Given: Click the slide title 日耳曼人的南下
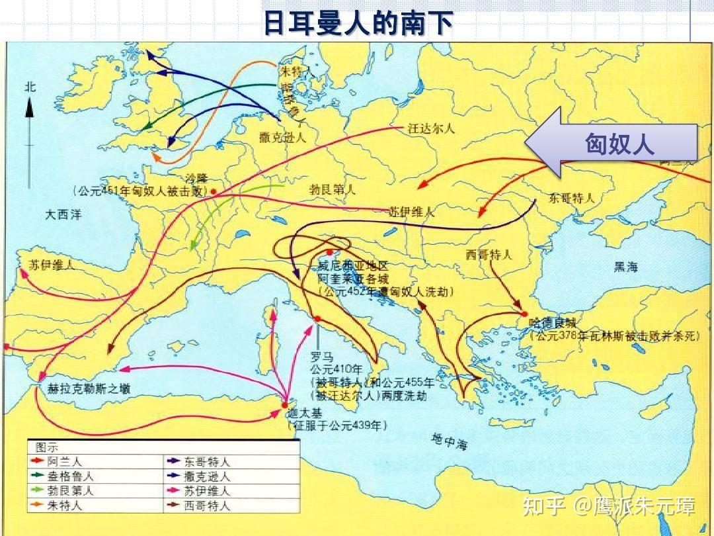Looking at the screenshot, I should coord(358,23).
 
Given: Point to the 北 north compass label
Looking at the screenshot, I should coord(30,87).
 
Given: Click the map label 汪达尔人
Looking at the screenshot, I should coord(432,130).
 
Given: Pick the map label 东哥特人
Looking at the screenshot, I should coord(572,198).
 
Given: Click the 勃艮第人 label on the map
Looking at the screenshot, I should coord(333,189).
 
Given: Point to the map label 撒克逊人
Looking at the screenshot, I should coord(283,137).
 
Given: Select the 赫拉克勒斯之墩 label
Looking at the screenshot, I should coord(89,388).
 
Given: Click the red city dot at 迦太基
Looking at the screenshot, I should coord(285,405).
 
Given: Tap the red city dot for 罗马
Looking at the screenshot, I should coord(318,319).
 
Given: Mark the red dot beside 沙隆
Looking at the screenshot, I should coord(214,191).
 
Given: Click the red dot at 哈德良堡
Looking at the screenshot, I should coord(524,314).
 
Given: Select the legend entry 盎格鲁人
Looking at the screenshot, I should coord(70,476).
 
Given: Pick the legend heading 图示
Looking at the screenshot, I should coord(46,447).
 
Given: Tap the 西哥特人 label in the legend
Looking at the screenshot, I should coord(208,506).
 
